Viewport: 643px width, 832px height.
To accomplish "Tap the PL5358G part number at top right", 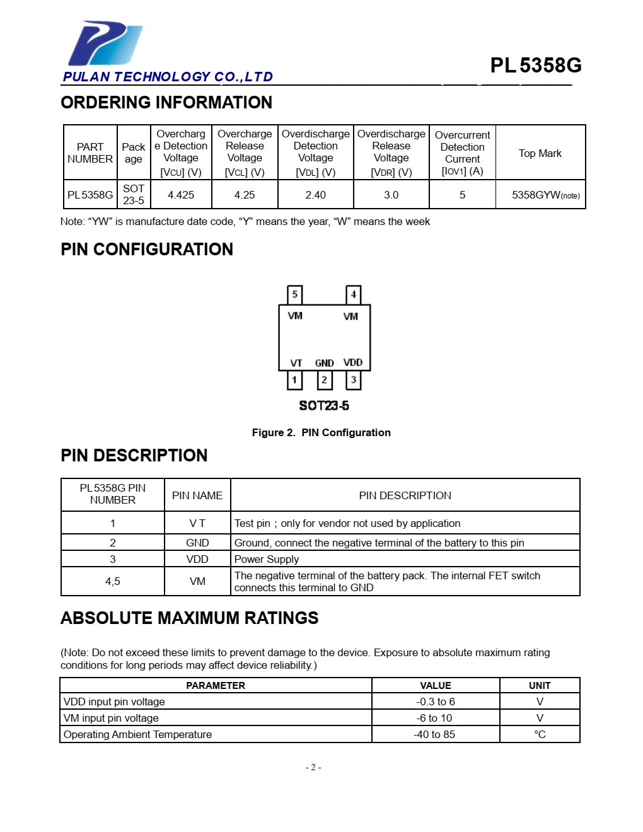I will (535, 66).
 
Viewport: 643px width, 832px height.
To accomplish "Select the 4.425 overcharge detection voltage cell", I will (181, 195).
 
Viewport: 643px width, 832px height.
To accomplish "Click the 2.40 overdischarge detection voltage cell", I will (315, 195).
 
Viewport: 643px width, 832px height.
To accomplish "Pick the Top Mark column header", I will (540, 153).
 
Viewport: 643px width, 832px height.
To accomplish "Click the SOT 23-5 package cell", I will (134, 195).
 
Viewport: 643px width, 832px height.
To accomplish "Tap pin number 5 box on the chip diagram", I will (294, 294).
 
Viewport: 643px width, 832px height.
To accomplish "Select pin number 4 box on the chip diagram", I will (353, 294).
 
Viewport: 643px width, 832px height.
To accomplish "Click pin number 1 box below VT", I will (294, 379).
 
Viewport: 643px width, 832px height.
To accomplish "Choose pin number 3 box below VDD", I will (353, 379).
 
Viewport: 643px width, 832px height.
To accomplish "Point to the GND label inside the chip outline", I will (324, 363).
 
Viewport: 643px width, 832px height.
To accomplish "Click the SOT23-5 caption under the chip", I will (324, 405).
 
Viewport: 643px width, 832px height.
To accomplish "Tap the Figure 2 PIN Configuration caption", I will (321, 432).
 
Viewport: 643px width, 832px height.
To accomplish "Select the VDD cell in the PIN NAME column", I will (197, 559).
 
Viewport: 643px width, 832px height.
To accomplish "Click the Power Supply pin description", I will (267, 559).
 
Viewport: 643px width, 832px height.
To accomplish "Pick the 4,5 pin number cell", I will (113, 581).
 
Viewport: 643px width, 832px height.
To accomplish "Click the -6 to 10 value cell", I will (435, 718).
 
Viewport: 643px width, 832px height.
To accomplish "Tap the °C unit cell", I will (540, 734).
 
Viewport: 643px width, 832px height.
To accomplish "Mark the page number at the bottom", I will (313, 767).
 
